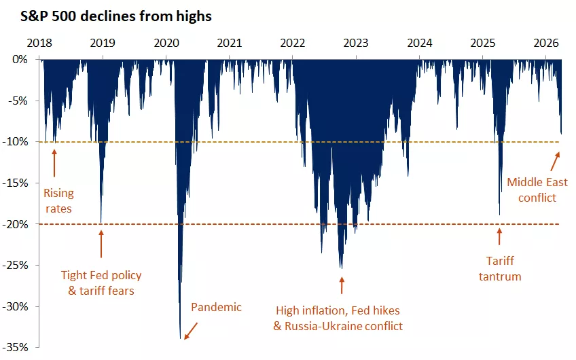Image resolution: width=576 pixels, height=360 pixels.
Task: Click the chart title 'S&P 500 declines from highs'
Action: coord(107,17)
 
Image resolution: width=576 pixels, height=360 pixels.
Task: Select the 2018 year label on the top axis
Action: coord(39,43)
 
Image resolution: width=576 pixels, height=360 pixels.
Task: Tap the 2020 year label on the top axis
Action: coord(166,43)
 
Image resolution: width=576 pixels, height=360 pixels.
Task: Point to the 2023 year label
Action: coord(356,43)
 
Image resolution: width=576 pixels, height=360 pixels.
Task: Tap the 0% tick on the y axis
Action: coord(22,60)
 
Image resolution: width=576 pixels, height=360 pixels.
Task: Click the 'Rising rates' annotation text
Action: coord(58,200)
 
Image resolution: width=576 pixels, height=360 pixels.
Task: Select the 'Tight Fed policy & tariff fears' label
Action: coord(101,283)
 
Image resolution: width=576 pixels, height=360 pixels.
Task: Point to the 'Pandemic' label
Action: coord(216,307)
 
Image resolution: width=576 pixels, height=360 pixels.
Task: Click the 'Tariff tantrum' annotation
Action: coord(503,268)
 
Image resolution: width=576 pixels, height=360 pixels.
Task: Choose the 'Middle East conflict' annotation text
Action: coord(537,190)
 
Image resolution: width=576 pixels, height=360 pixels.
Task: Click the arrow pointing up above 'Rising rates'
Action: coord(54,162)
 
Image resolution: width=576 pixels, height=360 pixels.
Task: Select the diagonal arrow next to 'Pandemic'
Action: coord(191,330)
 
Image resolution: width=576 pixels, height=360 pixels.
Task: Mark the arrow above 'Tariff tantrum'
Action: coord(500,236)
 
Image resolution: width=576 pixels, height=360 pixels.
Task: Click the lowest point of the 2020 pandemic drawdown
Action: coord(181,338)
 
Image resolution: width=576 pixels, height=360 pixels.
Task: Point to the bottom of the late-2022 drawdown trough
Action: coord(341,268)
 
